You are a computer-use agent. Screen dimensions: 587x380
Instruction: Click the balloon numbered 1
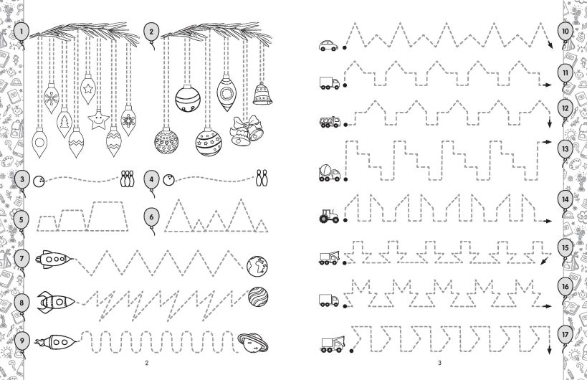22,32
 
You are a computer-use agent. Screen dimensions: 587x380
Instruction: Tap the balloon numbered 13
565,149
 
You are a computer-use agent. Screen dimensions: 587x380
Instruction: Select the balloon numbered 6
152,217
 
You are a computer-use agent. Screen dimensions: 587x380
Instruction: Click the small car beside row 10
328,45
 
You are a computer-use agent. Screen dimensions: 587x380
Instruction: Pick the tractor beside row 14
329,216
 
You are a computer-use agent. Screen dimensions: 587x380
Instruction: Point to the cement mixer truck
330,173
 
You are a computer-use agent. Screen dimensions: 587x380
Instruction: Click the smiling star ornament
98,120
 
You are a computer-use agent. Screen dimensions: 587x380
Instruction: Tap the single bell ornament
262,93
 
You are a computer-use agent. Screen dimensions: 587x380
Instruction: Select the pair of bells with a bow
247,130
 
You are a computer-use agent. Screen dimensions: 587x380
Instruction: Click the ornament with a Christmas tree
65,122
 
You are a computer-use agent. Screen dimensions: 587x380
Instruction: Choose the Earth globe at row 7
257,266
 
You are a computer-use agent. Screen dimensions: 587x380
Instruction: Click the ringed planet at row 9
253,343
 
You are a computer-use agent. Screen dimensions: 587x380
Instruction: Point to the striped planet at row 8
258,297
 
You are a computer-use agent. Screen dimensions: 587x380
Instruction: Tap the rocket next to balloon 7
54,259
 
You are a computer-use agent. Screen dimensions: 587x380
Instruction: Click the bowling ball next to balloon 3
39,181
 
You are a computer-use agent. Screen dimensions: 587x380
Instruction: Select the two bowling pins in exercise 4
262,179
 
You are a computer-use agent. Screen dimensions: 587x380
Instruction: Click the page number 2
147,363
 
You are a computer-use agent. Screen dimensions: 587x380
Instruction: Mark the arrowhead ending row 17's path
549,351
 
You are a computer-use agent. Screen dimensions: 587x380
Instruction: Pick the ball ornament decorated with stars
209,141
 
